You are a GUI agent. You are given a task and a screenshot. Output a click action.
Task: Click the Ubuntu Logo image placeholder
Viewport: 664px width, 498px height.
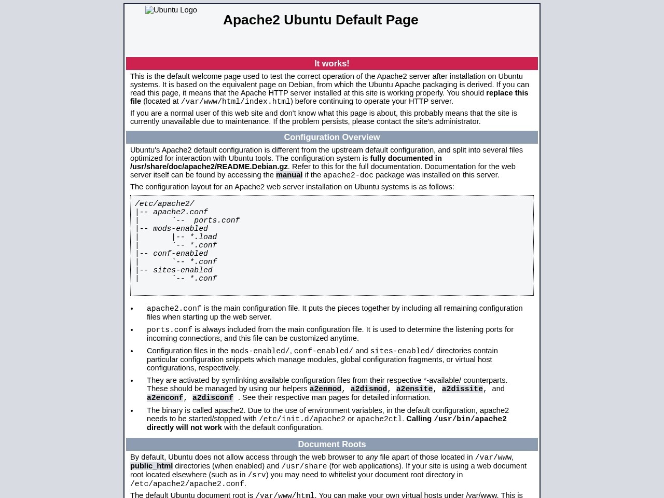pos(171,10)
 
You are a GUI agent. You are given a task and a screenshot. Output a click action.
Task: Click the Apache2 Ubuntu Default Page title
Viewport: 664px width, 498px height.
pos(321,20)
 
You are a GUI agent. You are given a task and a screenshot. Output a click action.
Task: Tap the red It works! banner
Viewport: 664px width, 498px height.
pos(332,63)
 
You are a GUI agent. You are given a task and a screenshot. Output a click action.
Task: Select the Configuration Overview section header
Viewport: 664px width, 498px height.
pos(332,137)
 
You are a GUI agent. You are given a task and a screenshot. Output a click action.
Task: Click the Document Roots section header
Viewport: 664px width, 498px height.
pos(332,444)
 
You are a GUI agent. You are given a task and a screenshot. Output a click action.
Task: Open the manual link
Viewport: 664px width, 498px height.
pos(289,175)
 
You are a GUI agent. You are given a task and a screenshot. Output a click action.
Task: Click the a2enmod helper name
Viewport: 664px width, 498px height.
pos(325,389)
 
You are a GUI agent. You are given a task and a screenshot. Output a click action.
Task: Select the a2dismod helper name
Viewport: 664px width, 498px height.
pos(368,389)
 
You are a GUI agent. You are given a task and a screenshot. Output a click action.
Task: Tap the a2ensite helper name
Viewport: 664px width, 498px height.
pos(414,389)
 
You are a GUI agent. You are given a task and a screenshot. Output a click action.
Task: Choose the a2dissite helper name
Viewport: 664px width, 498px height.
pos(462,389)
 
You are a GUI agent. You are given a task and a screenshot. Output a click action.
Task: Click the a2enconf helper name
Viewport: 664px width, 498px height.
pos(164,397)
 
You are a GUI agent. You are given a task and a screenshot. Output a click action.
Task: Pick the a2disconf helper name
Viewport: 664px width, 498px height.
pos(213,397)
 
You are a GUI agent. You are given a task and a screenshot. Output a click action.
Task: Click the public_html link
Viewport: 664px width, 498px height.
pos(151,466)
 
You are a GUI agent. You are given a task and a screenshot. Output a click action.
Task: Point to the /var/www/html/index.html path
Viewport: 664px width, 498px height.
pos(236,102)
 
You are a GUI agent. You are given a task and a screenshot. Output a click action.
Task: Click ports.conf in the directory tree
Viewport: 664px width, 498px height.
pos(217,220)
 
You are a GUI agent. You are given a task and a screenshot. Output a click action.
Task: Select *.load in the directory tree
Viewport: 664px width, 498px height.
pos(203,237)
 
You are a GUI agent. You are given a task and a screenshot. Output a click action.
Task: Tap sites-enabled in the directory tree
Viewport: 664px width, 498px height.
pos(183,270)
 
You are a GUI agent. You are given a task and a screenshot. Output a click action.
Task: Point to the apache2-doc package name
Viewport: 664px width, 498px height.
pos(348,175)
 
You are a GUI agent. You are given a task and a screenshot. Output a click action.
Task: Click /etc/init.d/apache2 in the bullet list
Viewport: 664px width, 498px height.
pos(302,419)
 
